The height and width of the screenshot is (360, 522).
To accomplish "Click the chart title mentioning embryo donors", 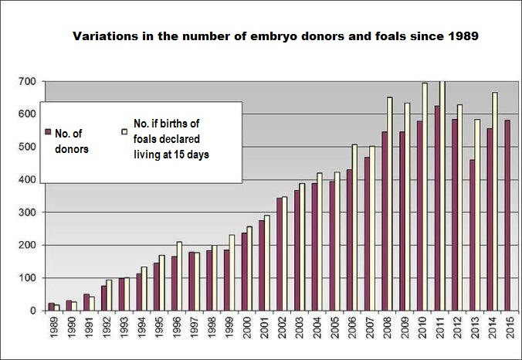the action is pyautogui.click(x=276, y=36).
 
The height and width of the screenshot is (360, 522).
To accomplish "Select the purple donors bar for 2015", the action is pyautogui.click(x=507, y=215).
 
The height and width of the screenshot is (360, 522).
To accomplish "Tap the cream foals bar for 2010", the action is pyautogui.click(x=425, y=197).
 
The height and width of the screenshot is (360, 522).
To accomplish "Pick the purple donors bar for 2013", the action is pyautogui.click(x=472, y=235).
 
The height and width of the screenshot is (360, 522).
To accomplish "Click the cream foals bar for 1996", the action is pyautogui.click(x=179, y=276).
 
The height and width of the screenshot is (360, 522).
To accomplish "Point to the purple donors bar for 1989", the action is pyautogui.click(x=51, y=307).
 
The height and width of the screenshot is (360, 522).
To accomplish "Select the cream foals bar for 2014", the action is pyautogui.click(x=495, y=202).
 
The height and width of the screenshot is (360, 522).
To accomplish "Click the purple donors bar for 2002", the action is pyautogui.click(x=280, y=254).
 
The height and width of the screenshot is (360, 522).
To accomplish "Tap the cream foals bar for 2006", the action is pyautogui.click(x=354, y=227).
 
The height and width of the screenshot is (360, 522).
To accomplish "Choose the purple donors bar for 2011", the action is pyautogui.click(x=437, y=209).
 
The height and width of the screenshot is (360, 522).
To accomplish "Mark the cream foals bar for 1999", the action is pyautogui.click(x=232, y=273).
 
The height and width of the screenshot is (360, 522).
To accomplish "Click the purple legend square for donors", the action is pyautogui.click(x=48, y=132).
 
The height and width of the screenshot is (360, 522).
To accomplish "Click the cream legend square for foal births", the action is pyautogui.click(x=124, y=131).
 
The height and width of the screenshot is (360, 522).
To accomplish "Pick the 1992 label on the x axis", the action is pyautogui.click(x=107, y=328).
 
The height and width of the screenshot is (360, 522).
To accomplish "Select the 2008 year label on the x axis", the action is pyautogui.click(x=387, y=328).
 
